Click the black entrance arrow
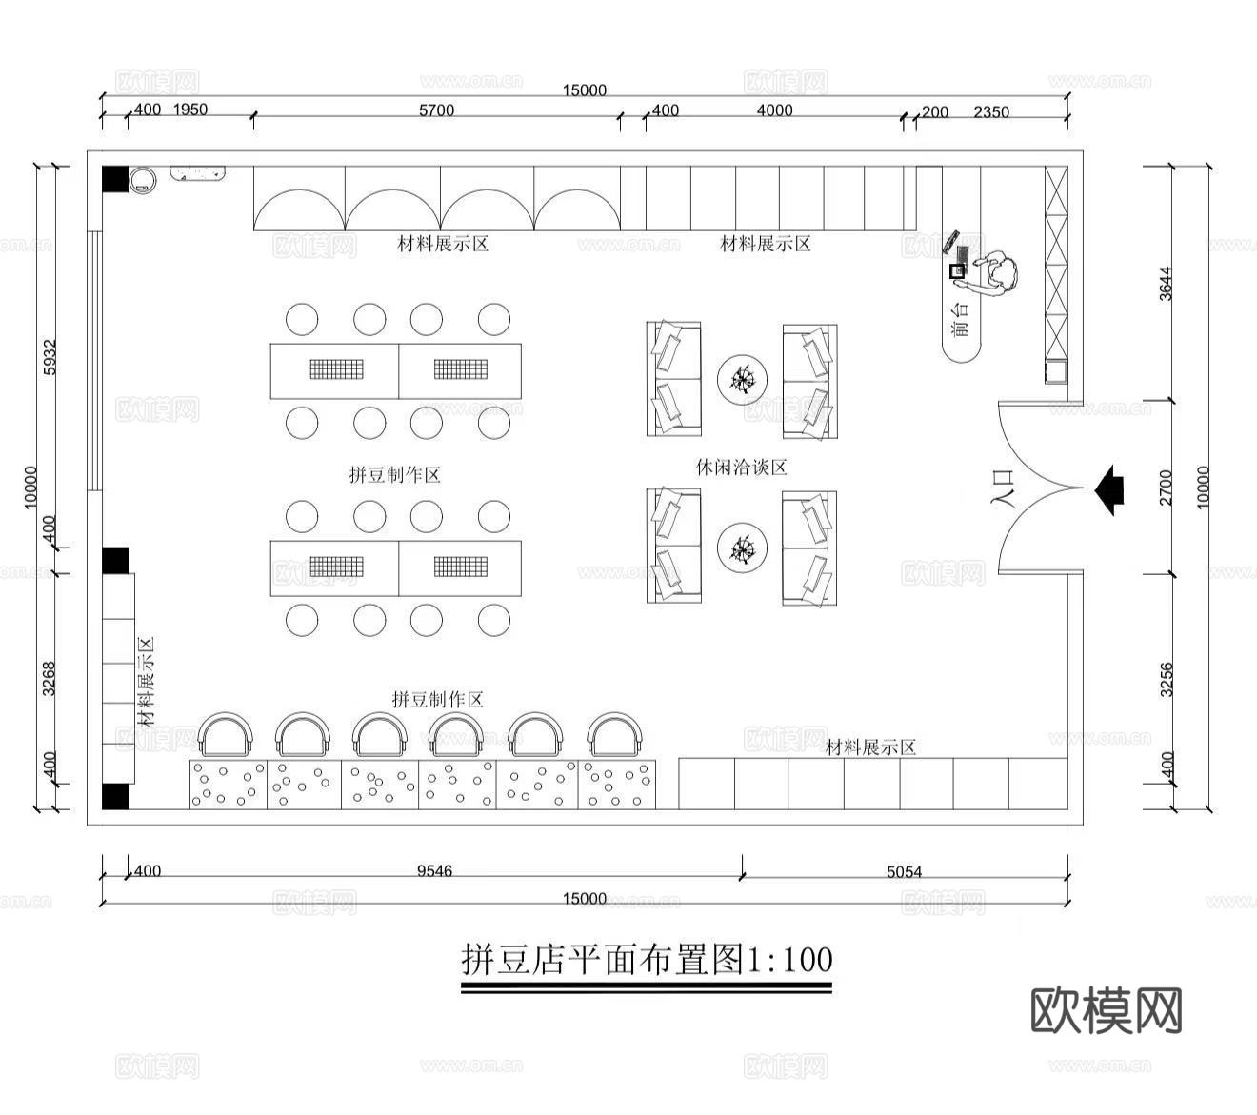[x=1110, y=488]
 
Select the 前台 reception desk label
[x=961, y=320]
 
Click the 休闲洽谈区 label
[x=742, y=468]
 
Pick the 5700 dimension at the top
[x=436, y=110]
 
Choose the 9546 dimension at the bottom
[x=434, y=870]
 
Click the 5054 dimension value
[x=904, y=871]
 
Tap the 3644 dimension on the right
[x=1167, y=283]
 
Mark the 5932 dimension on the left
[x=50, y=356]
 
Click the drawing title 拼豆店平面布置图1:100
[x=647, y=959]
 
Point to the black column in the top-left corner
[x=115, y=179]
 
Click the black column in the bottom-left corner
[x=115, y=797]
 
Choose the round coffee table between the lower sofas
[x=742, y=548]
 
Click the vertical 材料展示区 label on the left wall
[x=147, y=682]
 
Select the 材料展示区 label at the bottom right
[x=870, y=747]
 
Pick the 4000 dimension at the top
[x=774, y=110]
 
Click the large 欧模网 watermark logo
[x=1107, y=1010]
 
